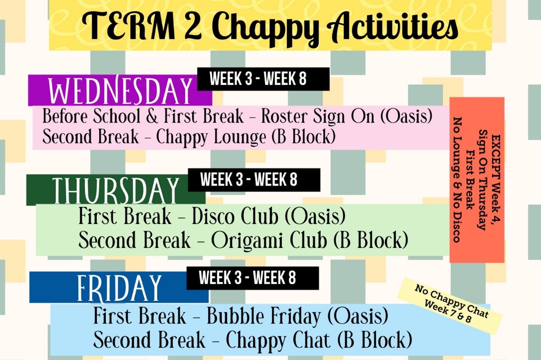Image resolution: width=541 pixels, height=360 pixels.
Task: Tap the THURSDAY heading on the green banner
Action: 115,190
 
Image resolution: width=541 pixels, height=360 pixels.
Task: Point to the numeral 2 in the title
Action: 193,26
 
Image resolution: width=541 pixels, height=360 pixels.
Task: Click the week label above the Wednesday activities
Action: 258,79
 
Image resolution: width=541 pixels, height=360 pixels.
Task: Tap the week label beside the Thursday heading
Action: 249,180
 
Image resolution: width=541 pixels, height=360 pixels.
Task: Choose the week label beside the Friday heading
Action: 247,278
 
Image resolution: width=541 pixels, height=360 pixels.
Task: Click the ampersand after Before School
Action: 152,116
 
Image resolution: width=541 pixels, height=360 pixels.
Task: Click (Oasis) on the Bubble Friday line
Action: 358,316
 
